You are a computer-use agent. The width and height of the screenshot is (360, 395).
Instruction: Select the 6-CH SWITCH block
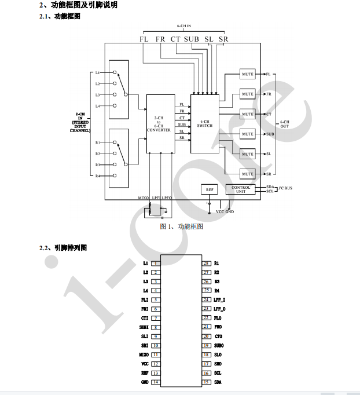tap(204, 124)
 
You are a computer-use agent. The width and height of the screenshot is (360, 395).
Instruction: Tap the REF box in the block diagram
tap(209, 189)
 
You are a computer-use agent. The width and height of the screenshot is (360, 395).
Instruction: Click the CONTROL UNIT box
tap(241, 189)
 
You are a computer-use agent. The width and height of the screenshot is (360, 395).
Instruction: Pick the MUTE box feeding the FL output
tap(248, 75)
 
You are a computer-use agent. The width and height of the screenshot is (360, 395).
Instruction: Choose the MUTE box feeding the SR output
tap(248, 174)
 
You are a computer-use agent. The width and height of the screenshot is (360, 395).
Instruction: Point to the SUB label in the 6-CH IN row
tap(192, 39)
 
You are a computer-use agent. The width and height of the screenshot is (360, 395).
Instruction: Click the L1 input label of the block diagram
tap(98, 73)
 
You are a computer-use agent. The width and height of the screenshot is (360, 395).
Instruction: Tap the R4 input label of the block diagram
tap(98, 175)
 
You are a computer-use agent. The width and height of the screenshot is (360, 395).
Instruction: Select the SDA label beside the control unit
tap(270, 186)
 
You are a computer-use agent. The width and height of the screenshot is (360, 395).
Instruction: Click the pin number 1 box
tap(155, 263)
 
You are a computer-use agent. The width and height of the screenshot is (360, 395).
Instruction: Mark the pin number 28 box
tap(205, 263)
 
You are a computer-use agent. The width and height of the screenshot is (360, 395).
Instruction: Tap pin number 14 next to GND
tap(155, 382)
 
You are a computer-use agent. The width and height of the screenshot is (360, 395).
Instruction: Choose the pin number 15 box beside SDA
tap(205, 382)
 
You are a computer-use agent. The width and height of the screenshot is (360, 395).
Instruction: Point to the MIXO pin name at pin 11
tap(144, 354)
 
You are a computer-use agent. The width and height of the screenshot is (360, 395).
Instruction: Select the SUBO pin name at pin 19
tap(218, 345)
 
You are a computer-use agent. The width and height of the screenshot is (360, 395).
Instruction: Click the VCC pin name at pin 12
tap(145, 364)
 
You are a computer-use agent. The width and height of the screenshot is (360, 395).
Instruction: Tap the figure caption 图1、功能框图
tap(182, 226)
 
